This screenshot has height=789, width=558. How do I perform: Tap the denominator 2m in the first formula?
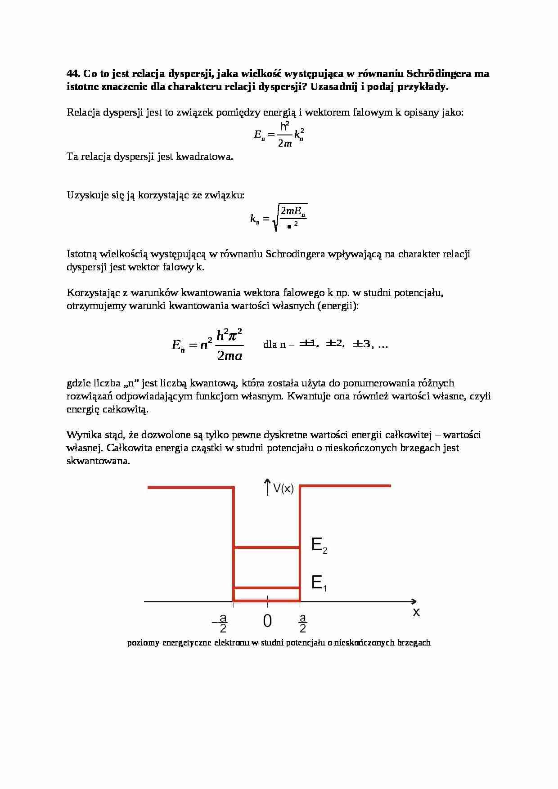point(285,143)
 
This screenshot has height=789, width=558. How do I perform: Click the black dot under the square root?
point(289,226)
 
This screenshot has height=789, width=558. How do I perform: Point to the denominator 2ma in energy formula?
point(229,356)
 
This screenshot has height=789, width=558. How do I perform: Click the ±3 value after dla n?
point(361,344)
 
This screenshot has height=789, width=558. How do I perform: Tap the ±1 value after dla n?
point(308,344)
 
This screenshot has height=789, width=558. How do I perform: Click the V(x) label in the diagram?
point(283,489)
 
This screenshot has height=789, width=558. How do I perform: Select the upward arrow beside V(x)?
point(267,487)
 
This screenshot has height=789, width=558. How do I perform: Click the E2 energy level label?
point(319,546)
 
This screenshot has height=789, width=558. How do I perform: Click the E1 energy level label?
point(319,583)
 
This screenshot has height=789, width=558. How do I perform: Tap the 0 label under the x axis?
point(267,621)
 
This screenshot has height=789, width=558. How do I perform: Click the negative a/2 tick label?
point(220,623)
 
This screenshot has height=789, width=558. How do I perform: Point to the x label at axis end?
point(416,612)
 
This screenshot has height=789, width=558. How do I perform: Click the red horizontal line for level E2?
point(267,547)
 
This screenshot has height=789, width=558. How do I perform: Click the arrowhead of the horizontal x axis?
point(414,601)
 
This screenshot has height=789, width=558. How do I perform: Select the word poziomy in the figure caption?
point(143,643)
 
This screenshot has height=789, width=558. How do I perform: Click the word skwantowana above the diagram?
point(98,461)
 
